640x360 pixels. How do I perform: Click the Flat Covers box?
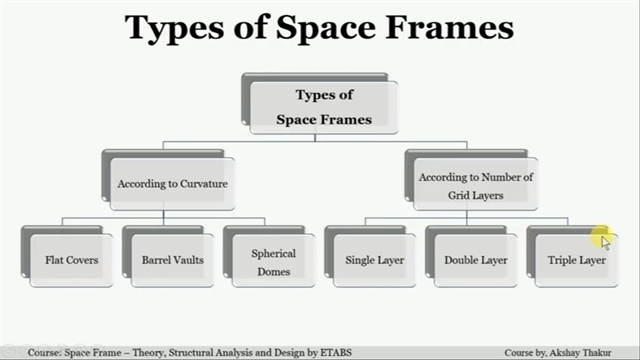coord(71,260)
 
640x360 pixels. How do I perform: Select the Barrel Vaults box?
coord(173,260)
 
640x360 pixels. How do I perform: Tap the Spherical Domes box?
coord(273,260)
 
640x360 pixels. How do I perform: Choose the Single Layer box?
coord(375,260)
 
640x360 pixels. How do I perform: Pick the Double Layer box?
coord(476,260)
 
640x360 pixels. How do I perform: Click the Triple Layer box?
coord(577,260)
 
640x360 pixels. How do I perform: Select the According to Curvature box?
coord(173,184)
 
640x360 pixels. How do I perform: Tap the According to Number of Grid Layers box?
coord(476,184)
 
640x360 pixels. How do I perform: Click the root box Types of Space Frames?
coord(324,107)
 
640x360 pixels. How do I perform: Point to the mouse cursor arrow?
coord(605,243)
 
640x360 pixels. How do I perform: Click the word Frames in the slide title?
coord(449,27)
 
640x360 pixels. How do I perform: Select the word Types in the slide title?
coord(174,29)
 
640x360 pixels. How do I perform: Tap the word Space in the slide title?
coord(326,29)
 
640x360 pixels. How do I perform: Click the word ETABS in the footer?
coord(336,352)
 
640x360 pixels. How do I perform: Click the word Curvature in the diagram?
coord(204,184)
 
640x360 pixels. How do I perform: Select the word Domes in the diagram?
coord(273,271)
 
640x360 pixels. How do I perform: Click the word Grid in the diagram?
coord(458,195)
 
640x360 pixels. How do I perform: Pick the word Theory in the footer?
coord(149,353)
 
